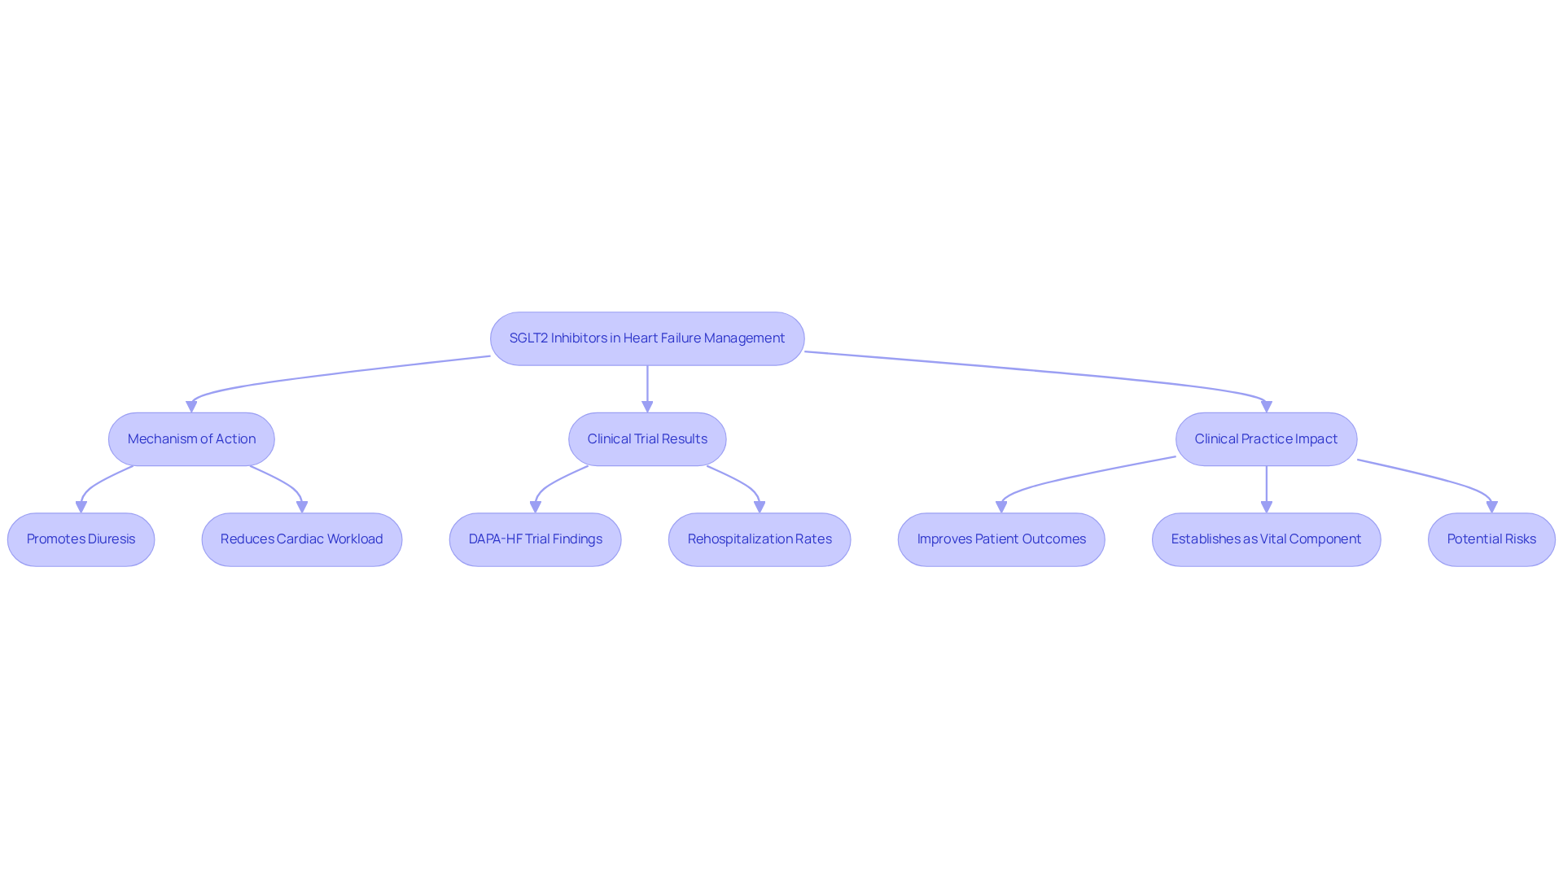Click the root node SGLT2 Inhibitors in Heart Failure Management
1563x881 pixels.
[x=647, y=338]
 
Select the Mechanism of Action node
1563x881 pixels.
[x=191, y=439]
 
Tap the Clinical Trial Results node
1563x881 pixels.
[x=647, y=439]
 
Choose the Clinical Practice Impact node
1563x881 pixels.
[x=1266, y=439]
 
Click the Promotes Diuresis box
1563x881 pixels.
[x=81, y=539]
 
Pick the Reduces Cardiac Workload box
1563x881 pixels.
[x=301, y=539]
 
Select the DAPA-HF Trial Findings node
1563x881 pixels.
[x=535, y=539]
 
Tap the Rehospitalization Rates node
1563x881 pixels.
[x=760, y=539]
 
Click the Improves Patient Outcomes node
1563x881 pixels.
[x=1001, y=539]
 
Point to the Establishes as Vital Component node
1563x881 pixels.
[x=1266, y=539]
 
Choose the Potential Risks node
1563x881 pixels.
[x=1491, y=539]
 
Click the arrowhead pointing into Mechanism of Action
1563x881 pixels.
[x=191, y=406]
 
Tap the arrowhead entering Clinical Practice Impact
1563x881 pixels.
[x=1266, y=406]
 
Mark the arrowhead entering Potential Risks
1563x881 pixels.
[x=1491, y=506]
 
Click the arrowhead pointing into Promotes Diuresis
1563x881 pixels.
[x=81, y=506]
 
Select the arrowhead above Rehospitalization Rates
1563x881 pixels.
[x=760, y=506]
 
